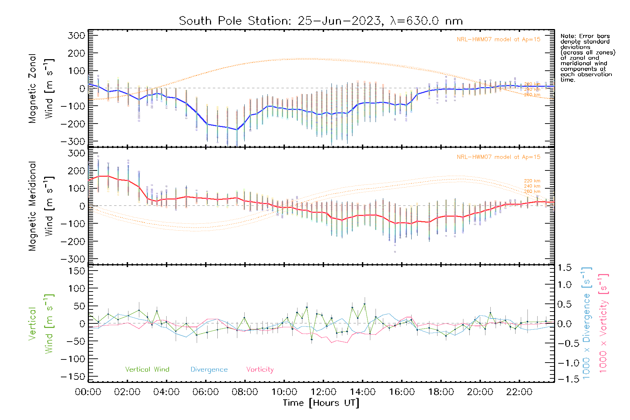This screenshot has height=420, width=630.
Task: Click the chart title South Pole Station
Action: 321,21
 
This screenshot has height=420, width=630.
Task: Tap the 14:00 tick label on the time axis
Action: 363,392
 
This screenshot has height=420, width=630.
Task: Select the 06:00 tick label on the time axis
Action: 206,392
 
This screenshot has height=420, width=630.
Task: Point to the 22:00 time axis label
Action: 519,392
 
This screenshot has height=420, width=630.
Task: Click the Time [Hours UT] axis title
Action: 321,403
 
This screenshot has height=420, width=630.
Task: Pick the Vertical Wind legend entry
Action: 147,370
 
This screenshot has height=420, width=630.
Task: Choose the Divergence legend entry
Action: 209,370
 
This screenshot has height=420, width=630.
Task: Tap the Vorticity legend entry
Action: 260,370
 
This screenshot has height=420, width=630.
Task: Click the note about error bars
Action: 587,58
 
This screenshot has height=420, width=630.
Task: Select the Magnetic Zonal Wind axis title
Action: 41,88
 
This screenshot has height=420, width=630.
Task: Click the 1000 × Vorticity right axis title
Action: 603,323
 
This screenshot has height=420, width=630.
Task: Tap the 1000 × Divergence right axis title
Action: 587,323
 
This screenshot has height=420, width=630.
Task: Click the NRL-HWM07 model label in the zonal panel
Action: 498,40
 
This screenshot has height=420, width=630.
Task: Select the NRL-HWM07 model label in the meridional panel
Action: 498,157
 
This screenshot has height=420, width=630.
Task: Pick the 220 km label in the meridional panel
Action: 532,181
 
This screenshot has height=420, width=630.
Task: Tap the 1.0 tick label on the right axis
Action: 565,285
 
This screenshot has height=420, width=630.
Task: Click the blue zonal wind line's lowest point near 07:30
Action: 237,130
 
